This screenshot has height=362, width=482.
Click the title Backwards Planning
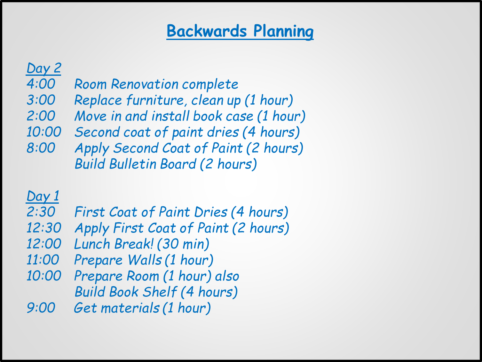click(x=240, y=31)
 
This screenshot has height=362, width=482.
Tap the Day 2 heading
click(x=43, y=68)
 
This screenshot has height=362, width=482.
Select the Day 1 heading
click(x=43, y=196)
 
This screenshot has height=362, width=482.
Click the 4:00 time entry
click(x=41, y=84)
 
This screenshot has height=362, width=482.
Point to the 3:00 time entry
click(x=41, y=100)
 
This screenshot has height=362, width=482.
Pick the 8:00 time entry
click(x=41, y=148)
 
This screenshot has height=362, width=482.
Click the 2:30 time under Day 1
click(x=41, y=212)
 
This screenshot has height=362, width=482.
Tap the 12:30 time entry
click(x=44, y=228)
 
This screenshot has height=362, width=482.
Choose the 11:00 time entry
click(x=43, y=260)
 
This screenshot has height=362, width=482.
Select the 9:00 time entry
click(x=41, y=308)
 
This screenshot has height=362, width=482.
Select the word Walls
click(x=145, y=260)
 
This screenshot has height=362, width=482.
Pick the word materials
click(x=130, y=308)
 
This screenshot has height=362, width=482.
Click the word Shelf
click(x=160, y=292)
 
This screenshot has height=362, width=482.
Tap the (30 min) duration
click(x=183, y=244)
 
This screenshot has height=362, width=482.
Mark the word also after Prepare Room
click(x=227, y=276)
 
